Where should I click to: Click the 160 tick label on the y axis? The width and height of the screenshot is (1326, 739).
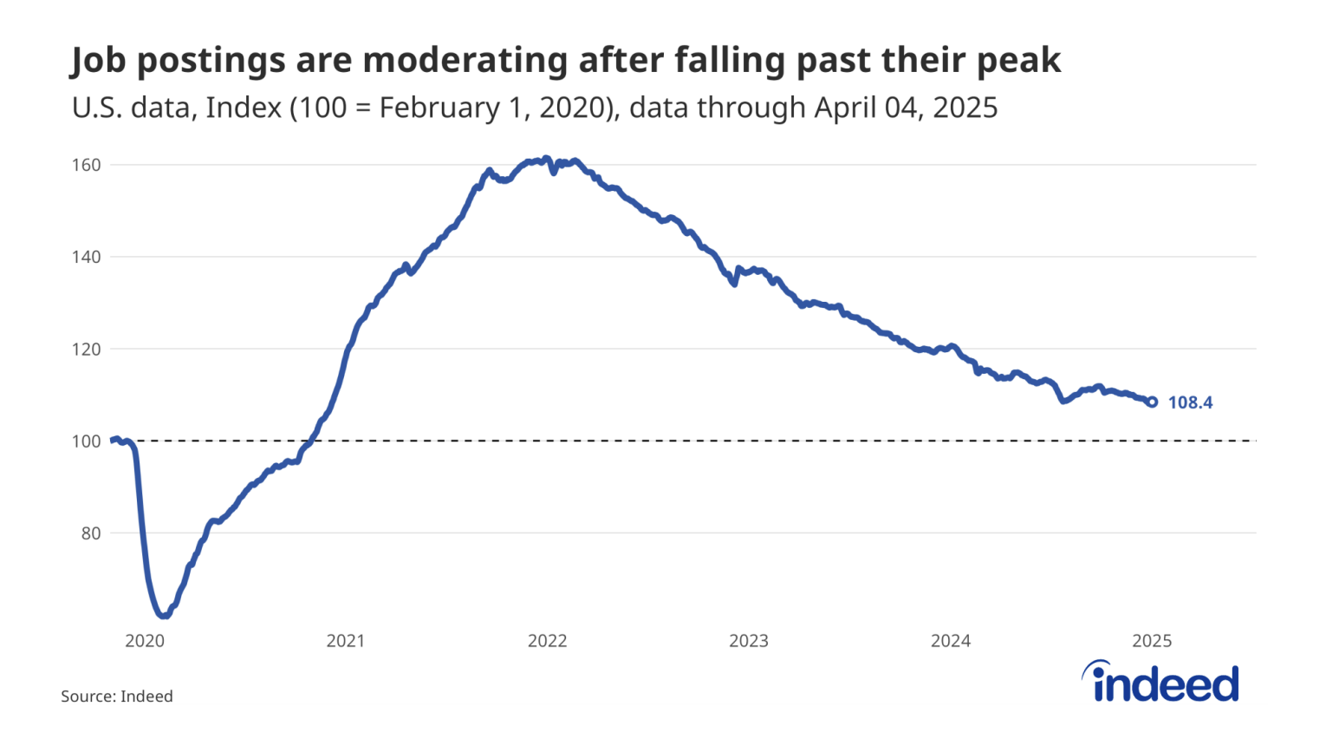pos(86,165)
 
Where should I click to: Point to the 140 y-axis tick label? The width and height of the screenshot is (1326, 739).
pos(86,257)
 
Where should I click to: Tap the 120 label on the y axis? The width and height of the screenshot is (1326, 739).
pos(86,349)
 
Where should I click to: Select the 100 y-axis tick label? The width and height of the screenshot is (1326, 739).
pos(86,441)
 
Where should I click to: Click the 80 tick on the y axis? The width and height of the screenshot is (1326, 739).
pos(90,533)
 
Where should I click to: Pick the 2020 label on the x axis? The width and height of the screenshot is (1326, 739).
pos(145,641)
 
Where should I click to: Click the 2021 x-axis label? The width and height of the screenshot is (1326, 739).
pos(346,641)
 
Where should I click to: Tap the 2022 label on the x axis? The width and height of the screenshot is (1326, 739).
pos(547,641)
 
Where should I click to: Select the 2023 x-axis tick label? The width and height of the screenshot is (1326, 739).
pos(749,641)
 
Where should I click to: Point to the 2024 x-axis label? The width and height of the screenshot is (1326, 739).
pos(951,641)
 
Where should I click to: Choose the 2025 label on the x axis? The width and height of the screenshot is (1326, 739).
pos(1152,641)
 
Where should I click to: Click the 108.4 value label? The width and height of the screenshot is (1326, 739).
pos(1190,402)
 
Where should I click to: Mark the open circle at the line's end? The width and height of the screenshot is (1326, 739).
pos(1152,402)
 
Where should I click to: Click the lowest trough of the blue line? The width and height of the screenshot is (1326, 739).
pos(163,616)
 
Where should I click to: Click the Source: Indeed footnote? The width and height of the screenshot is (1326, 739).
pos(117,696)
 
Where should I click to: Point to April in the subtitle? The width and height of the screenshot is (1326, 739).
pos(844,108)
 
